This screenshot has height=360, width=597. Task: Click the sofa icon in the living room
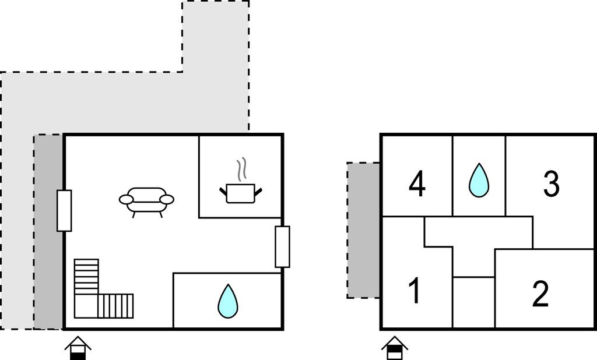pos(146,202)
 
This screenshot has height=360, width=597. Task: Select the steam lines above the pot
pos(241,170)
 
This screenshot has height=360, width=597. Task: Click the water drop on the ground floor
pos(228,301)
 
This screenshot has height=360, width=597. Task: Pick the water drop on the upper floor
pos(479,181)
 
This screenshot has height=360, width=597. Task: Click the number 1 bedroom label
pos(415,291)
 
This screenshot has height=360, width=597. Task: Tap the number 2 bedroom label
pos(540,294)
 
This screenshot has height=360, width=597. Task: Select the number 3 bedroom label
pos(551,184)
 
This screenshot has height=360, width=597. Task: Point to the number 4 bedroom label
pos(417,184)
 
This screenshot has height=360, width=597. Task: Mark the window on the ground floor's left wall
pos(64,210)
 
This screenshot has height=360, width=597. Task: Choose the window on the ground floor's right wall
pos(282,246)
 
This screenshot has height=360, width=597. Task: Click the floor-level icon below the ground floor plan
pos(78,348)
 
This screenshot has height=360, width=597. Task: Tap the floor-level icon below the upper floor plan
pos(395,348)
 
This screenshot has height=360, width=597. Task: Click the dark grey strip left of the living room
pos(49,231)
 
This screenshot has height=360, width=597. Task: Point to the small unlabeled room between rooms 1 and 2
pos(473,302)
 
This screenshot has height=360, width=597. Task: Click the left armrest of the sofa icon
pos(127,199)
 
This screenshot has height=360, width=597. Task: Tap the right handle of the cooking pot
pos(258,191)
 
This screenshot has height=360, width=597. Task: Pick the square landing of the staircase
pos(86,306)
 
